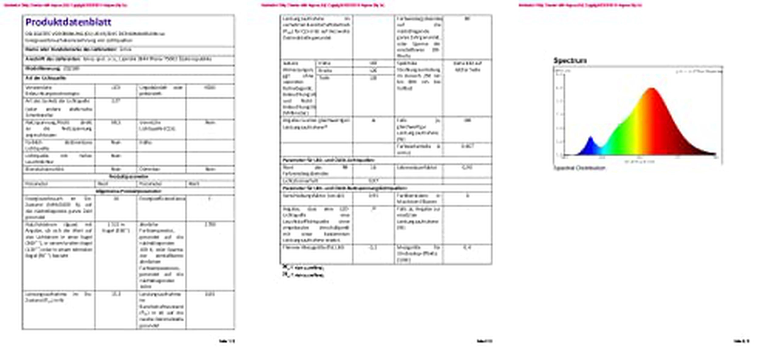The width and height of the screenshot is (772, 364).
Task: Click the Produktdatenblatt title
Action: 68,22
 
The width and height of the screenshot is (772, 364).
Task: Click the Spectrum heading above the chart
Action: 570,60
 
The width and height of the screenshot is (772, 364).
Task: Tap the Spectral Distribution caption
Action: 579,168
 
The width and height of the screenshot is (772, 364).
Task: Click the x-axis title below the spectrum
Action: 639,162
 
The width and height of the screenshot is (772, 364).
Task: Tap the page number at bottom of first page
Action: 227,341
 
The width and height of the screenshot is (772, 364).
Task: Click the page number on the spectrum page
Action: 741,341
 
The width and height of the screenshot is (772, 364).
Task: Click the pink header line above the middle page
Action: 322,5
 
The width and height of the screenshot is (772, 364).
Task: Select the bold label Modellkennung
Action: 43,69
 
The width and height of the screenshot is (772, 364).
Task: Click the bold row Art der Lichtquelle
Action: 46,78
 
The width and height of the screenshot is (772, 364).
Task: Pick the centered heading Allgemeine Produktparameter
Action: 128,191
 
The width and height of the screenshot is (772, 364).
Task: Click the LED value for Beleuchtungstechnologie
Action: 116,88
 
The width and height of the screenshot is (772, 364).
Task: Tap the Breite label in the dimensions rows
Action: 325,71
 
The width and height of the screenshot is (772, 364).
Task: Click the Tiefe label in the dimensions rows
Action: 324,78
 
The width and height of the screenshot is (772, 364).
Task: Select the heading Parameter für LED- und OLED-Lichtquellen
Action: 328,160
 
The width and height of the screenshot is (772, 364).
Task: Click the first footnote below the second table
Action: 303,268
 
